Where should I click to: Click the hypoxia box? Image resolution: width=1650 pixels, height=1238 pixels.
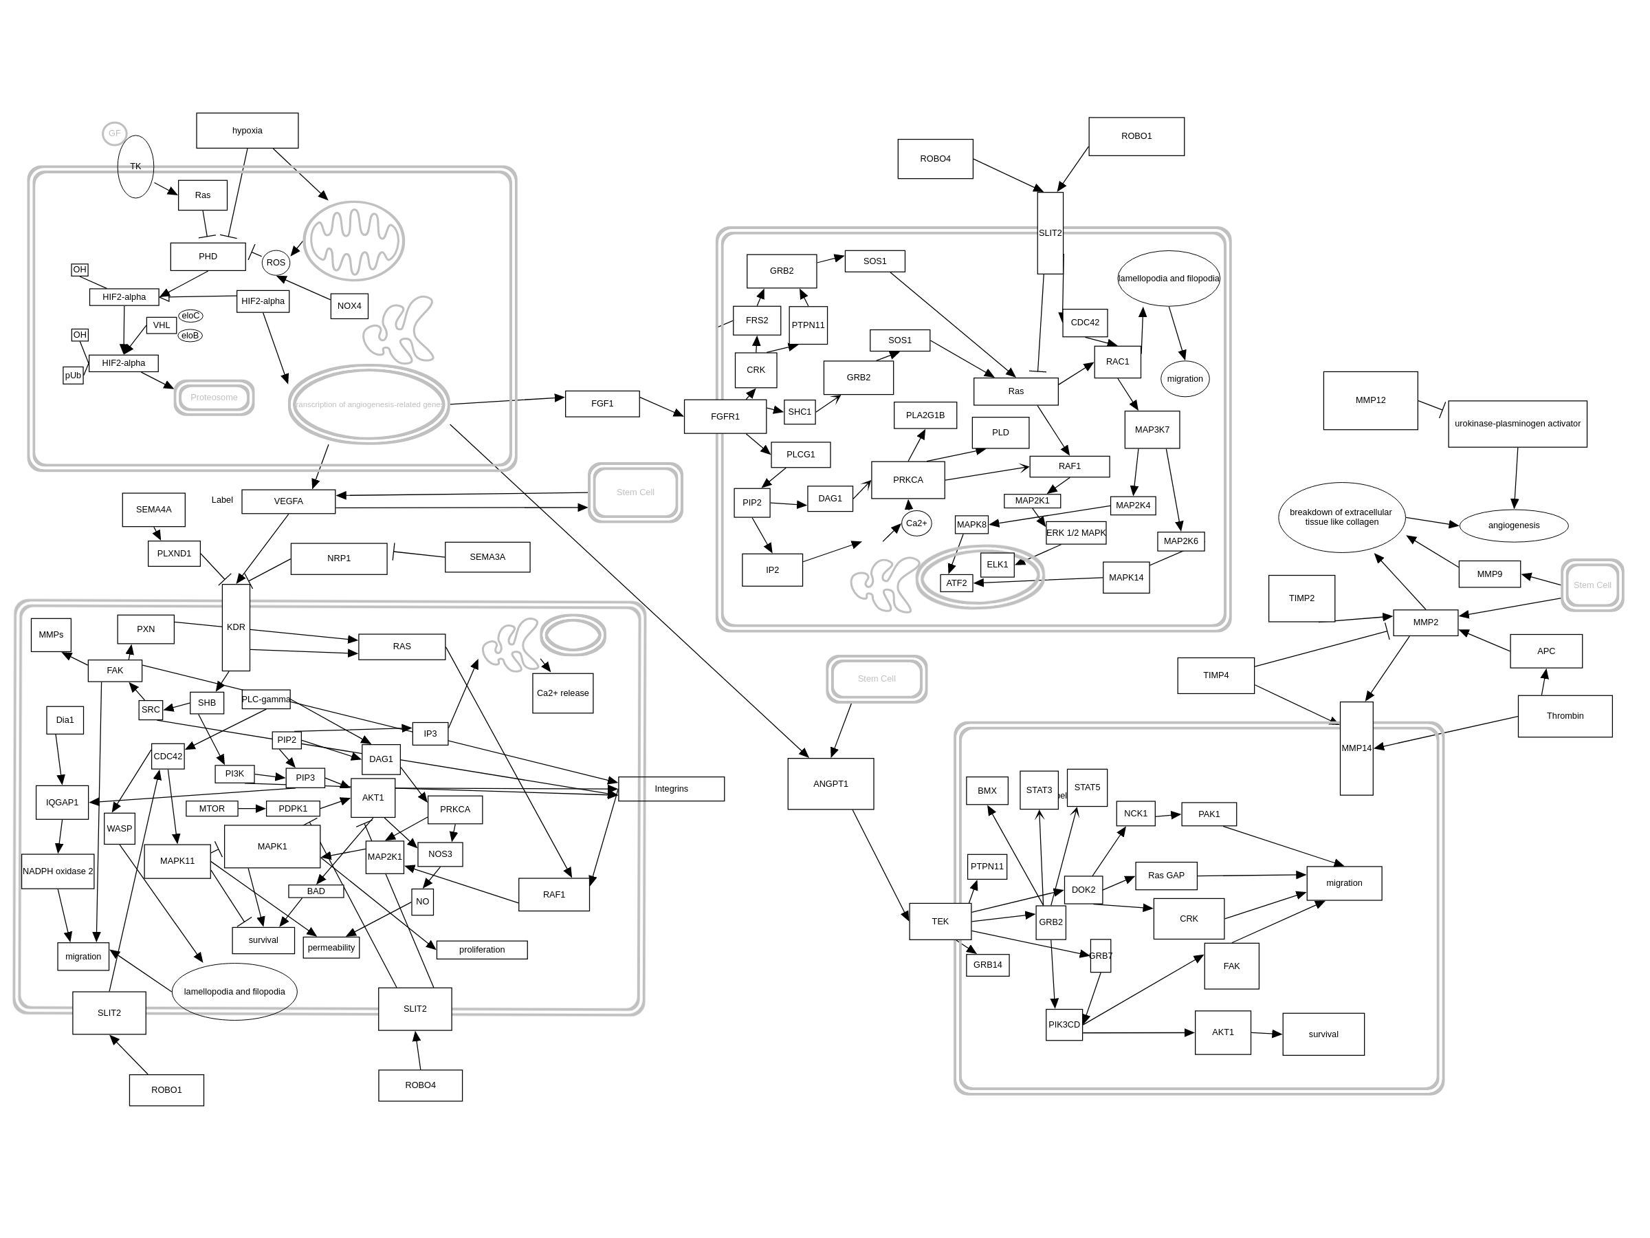coord(247,131)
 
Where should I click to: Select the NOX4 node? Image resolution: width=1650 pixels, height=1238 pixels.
coord(349,306)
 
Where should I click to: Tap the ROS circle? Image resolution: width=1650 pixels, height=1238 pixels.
coord(276,263)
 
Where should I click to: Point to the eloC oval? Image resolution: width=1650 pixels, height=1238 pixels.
coord(190,316)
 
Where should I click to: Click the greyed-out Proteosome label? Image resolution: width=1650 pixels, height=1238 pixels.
coord(214,398)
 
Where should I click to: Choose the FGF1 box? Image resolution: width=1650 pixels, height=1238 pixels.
coord(602,404)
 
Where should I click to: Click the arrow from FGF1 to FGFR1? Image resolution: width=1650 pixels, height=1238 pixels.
coord(661,407)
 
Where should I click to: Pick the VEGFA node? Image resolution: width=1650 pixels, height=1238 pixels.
coord(288,501)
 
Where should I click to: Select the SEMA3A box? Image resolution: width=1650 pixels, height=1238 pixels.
coord(487,557)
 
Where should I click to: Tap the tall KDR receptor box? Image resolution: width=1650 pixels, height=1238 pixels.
coord(236,627)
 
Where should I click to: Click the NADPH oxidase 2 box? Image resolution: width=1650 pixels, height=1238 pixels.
coord(58,871)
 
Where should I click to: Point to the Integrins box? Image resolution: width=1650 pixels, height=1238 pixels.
coord(671,789)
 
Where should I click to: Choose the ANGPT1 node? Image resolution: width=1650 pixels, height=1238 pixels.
coord(830,784)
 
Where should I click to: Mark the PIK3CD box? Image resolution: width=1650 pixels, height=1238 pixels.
coord(1064,1025)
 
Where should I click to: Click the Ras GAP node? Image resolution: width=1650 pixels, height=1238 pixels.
coord(1166,876)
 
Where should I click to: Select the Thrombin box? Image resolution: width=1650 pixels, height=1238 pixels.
coord(1565,717)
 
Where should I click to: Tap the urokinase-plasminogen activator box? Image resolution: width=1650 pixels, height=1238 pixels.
coord(1517,424)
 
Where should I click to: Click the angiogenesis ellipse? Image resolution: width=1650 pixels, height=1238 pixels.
coord(1513,525)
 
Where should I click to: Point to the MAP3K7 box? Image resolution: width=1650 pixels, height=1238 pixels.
coord(1152,430)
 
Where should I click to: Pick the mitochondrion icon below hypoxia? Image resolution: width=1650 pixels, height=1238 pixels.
coord(353,241)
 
